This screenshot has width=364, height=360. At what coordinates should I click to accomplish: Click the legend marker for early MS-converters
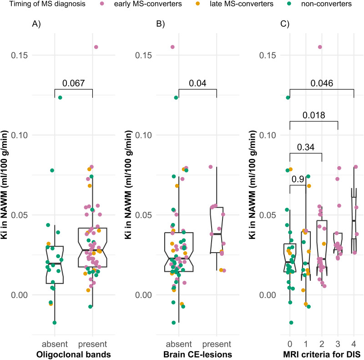tap(103, 4)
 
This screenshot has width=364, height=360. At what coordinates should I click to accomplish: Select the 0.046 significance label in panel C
tap(322, 84)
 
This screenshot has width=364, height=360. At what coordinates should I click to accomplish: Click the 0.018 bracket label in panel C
tap(313, 116)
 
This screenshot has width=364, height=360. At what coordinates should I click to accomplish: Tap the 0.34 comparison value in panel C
tap(306, 147)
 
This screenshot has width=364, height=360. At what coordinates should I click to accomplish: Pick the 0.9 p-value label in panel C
tap(298, 179)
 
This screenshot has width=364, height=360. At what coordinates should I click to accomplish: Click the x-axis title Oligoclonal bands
tap(73, 354)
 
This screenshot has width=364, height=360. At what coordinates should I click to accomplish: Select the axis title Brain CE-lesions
tap(197, 354)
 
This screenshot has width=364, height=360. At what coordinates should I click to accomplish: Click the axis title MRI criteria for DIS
tap(322, 354)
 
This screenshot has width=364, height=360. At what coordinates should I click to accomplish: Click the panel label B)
tap(161, 25)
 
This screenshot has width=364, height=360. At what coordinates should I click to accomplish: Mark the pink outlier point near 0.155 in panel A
tap(96, 47)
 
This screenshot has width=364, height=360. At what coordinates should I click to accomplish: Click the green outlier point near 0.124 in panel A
tap(60, 97)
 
